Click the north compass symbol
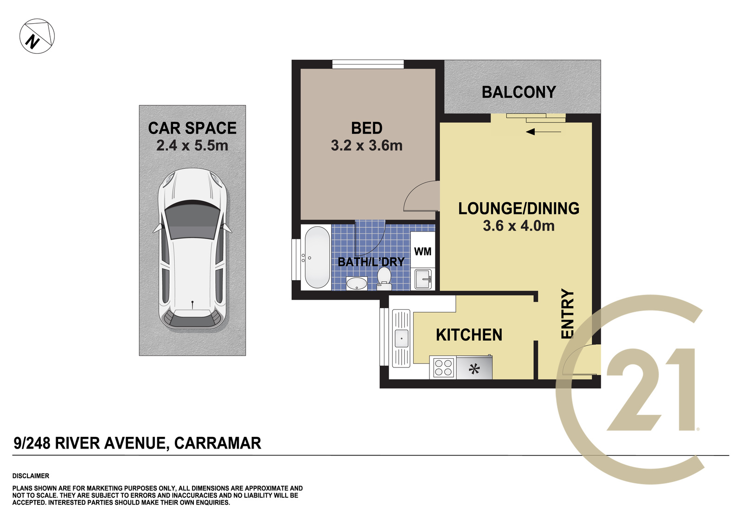tap(37, 36)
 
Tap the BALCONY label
tap(519, 92)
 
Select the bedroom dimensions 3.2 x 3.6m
tap(367, 146)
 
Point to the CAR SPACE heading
tap(192, 128)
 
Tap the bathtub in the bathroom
tap(317, 257)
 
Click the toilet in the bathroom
tap(384, 279)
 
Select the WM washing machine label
tap(422, 251)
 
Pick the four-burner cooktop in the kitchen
tap(443, 367)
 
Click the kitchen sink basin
tap(401, 338)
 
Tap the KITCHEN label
tap(469, 335)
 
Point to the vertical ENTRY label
tap(567, 314)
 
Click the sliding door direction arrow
tap(543, 132)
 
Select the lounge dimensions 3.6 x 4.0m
tap(519, 226)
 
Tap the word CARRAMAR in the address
tap(217, 443)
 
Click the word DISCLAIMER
tap(31, 476)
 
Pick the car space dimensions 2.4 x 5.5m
tap(192, 146)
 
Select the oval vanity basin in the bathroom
tap(357, 283)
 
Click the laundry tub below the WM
tap(423, 279)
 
